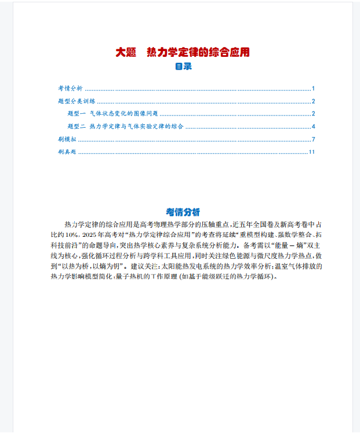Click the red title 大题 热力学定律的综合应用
(183, 52)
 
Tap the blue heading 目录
(183, 66)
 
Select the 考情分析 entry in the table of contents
(70, 89)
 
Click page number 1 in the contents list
(313, 89)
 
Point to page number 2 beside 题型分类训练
(313, 102)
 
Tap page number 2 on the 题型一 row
(313, 114)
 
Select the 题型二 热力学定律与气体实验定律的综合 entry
(126, 127)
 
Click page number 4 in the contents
(313, 127)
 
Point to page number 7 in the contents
(313, 139)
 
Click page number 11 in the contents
(312, 152)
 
